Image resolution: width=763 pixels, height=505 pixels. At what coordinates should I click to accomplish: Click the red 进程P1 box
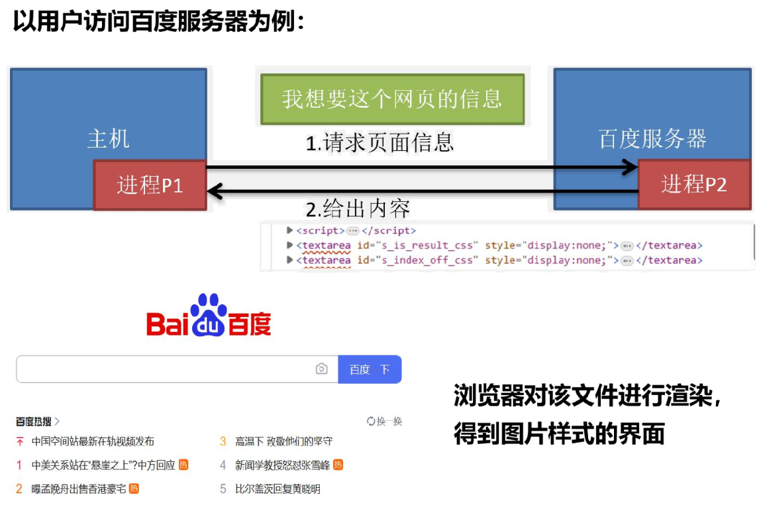[150, 185]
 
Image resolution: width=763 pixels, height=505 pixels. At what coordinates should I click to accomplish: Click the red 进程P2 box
[694, 185]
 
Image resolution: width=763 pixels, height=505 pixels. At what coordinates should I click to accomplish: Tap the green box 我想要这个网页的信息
[392, 99]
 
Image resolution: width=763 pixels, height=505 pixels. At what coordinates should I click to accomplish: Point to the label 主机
[108, 139]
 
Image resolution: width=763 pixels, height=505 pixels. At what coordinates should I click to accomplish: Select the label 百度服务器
[652, 139]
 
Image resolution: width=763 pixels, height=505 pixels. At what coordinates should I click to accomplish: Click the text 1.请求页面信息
[380, 143]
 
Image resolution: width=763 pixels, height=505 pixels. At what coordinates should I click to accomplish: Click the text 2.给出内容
[358, 209]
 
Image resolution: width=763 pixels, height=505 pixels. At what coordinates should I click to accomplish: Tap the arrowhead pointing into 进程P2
[628, 167]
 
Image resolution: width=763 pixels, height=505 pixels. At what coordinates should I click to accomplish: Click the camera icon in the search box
[322, 369]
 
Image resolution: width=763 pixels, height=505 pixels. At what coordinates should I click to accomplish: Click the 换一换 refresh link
[385, 422]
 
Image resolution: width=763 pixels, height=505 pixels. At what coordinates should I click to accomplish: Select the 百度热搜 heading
[34, 422]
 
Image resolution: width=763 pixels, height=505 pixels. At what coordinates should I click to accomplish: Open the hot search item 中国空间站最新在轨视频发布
[93, 441]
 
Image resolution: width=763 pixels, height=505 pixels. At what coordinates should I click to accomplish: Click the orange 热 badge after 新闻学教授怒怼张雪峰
[338, 465]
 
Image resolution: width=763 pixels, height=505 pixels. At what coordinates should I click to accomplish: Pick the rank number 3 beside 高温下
[223, 441]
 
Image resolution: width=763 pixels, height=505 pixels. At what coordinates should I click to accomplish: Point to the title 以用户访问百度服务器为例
[159, 22]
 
